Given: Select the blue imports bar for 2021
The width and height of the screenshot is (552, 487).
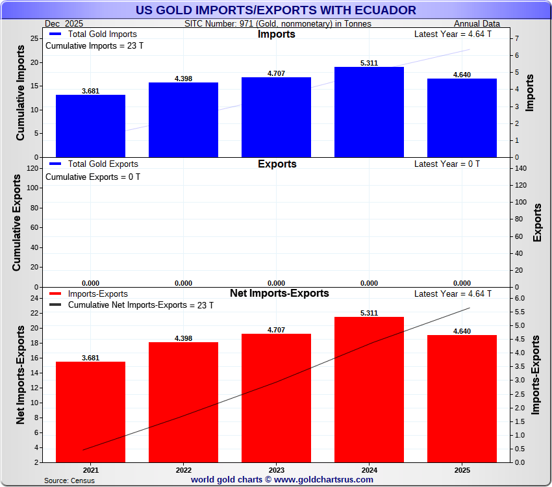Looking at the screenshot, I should [x=90, y=126].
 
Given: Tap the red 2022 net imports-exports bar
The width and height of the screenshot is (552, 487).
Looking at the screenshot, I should [x=183, y=402].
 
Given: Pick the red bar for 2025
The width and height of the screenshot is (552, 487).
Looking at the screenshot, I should [x=462, y=399].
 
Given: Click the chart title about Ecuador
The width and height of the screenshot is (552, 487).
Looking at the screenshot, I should [x=276, y=10].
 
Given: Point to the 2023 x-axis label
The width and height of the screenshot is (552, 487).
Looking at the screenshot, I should [x=276, y=469].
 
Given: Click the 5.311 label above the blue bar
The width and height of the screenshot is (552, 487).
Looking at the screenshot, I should [x=369, y=63].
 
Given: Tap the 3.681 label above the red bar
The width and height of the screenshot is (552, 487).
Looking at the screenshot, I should [x=90, y=358].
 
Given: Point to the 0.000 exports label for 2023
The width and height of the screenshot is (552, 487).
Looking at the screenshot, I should [x=276, y=283].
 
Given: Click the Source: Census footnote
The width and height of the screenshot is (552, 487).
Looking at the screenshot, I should [x=69, y=481].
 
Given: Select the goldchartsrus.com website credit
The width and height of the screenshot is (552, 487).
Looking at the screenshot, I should [x=282, y=480].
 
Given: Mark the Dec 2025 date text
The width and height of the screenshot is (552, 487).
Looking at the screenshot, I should [x=65, y=23].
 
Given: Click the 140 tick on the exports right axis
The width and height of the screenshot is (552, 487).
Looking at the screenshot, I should [x=520, y=168].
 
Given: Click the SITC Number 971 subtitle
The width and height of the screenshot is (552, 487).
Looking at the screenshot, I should [x=278, y=23].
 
